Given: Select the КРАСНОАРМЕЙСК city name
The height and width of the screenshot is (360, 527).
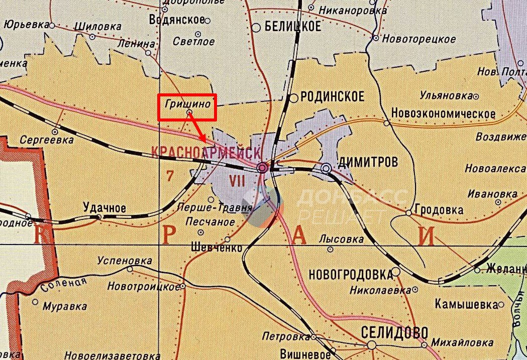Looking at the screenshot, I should click(206, 151).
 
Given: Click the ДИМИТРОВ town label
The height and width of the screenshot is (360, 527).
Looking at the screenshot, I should click(368, 161).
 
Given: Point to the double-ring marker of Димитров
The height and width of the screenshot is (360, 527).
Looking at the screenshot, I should click(327, 168).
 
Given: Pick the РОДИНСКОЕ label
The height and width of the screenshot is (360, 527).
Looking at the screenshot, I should click(332, 97).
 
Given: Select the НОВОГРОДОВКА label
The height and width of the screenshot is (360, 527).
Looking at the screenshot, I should click(350, 274).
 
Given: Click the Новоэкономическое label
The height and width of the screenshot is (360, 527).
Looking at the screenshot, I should click(444, 114).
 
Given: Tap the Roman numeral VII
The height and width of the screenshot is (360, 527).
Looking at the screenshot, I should click(237, 181).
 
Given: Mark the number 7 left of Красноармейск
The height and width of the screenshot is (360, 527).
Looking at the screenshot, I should click(169, 175).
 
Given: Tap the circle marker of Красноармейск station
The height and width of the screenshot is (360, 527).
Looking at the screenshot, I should click(262, 168).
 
